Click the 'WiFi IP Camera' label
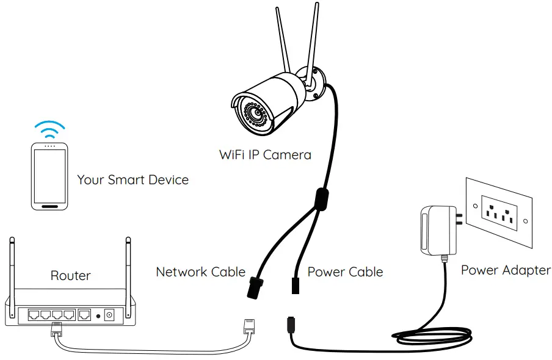(265, 154)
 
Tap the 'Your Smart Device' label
(133, 180)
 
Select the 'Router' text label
(70, 276)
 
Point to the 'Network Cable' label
(200, 272)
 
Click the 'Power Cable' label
(345, 272)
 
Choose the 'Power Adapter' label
(506, 270)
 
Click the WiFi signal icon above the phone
(49, 128)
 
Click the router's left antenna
(12, 268)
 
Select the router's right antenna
(128, 268)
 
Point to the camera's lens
(255, 112)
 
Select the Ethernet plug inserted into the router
(56, 329)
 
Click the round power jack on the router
(111, 315)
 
